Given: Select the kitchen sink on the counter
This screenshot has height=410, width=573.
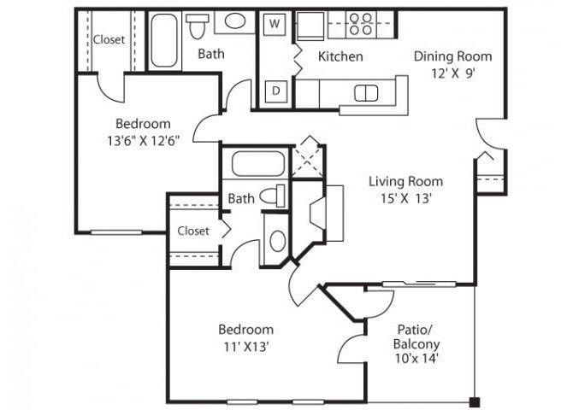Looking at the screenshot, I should coord(366,93).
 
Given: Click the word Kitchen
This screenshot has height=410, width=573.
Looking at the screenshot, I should coord(340,57).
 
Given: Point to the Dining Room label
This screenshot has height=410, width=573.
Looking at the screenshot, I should coord(453,56).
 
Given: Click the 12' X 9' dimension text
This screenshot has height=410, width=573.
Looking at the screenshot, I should coord(453,73).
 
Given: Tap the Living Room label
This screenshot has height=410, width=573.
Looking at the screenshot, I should coord(406,181).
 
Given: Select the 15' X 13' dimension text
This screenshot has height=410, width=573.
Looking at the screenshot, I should coord(406,199).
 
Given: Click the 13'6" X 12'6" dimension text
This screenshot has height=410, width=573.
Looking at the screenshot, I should coord(143,141).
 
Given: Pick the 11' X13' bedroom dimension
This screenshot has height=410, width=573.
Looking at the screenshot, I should coord(245,347).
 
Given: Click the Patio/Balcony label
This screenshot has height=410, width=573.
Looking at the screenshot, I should coord(417,336).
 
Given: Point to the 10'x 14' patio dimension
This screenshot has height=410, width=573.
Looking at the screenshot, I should coord(417,360).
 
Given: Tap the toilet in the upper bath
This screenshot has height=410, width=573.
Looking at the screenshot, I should coord(198,26).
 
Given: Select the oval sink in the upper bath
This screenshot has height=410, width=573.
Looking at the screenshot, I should coord(233,21).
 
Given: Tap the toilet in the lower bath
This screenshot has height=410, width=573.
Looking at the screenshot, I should coord(273,196).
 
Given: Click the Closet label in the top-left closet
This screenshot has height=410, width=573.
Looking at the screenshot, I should coord(109,39).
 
